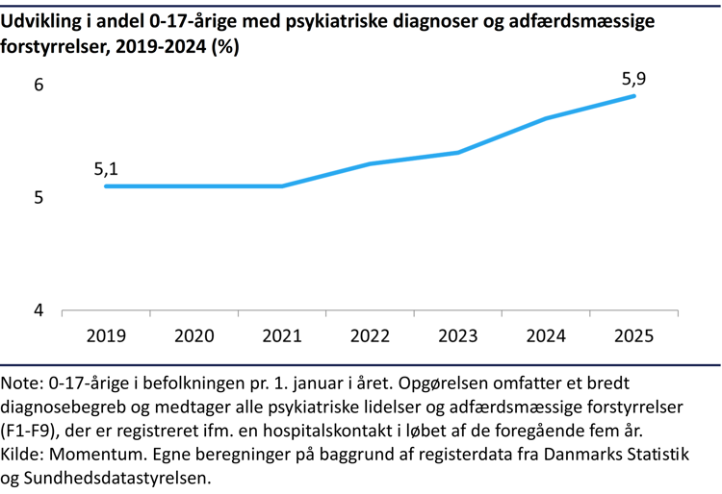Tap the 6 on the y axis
39,85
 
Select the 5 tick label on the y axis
39,198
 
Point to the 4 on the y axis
39,310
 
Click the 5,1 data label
106,169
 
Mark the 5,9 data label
633,79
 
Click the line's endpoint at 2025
634,96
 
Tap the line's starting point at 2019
106,185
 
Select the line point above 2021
282,185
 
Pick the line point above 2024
546,118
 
